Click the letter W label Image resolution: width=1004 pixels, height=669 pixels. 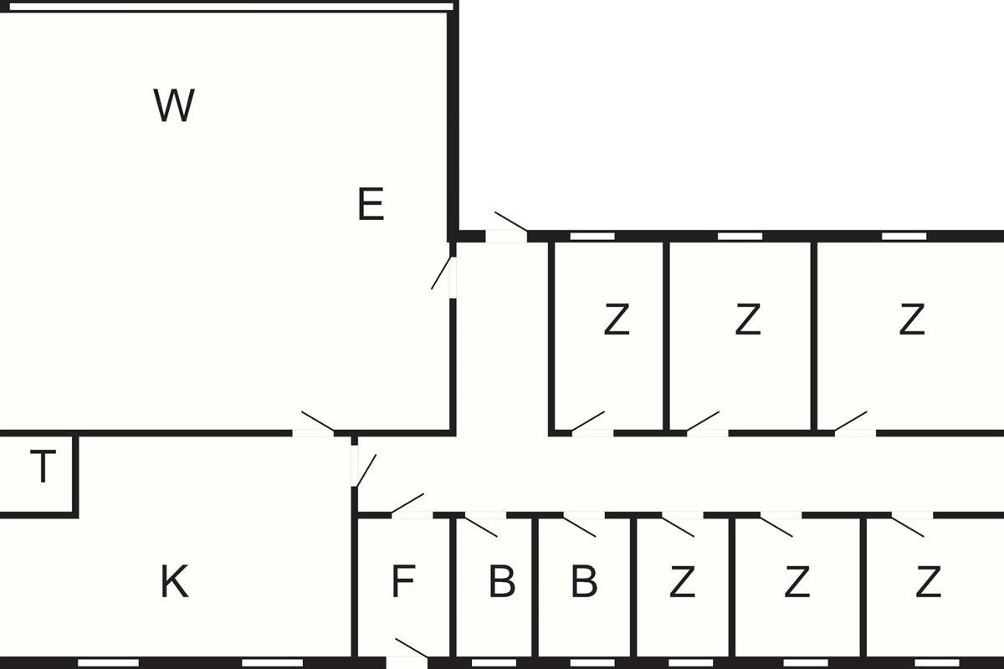click(174, 105)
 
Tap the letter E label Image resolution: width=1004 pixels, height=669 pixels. click(371, 204)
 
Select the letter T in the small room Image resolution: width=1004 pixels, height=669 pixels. click(43, 466)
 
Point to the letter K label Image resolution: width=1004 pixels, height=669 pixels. click(174, 582)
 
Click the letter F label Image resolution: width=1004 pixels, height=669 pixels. click(403, 582)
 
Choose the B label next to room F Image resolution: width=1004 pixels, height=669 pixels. click(502, 582)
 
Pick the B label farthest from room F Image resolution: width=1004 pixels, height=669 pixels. click(584, 582)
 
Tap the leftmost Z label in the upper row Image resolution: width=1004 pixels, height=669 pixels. click(617, 319)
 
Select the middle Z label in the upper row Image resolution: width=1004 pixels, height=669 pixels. click(748, 319)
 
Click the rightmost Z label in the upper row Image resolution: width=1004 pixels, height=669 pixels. click(912, 319)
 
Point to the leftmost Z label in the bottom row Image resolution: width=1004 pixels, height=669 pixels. click(682, 582)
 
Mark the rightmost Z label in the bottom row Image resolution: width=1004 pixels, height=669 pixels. click(928, 582)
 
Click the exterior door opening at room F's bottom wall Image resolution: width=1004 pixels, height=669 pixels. click(407, 662)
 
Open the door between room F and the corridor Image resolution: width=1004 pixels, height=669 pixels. click(412, 514)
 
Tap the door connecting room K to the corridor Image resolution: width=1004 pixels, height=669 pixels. click(355, 466)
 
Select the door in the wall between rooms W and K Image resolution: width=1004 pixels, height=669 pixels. click(313, 433)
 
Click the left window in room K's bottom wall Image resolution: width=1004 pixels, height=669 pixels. click(109, 662)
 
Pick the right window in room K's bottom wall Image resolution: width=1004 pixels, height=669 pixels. click(273, 662)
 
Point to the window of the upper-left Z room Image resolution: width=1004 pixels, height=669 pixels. click(592, 236)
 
